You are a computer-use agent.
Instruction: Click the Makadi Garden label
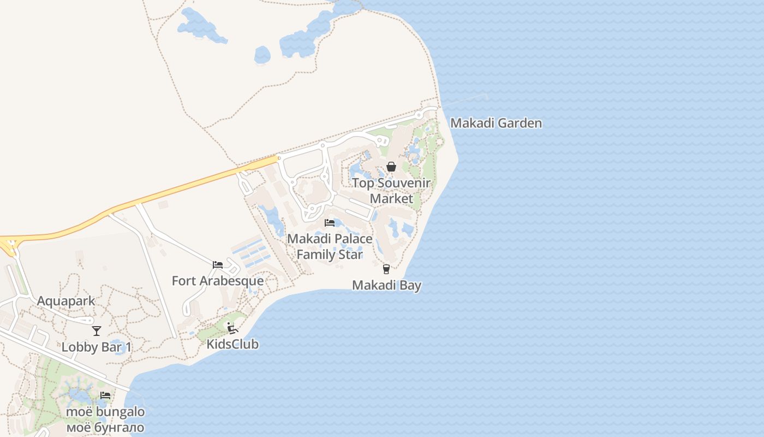click(496, 123)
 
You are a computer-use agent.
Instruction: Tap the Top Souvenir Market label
click(391, 191)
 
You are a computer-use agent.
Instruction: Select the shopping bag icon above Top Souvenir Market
click(391, 167)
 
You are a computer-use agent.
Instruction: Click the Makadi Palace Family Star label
click(330, 246)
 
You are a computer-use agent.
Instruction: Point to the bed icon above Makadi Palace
click(330, 223)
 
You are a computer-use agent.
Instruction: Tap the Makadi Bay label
click(386, 285)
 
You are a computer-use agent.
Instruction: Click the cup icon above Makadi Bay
click(386, 269)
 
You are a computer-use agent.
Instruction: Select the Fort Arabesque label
click(218, 281)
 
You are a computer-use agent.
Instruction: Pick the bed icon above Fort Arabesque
click(218, 265)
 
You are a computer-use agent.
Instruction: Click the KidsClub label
click(232, 344)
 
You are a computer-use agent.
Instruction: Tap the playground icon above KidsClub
click(232, 328)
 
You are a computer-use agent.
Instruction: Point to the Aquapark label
click(66, 301)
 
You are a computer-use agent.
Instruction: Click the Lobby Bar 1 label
click(97, 347)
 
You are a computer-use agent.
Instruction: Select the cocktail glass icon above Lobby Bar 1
click(97, 331)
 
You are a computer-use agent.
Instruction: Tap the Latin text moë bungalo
click(105, 411)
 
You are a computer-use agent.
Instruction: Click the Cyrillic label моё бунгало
click(105, 427)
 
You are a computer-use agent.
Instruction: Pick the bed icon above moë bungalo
click(105, 395)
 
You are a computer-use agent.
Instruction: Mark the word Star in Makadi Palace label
click(350, 255)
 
